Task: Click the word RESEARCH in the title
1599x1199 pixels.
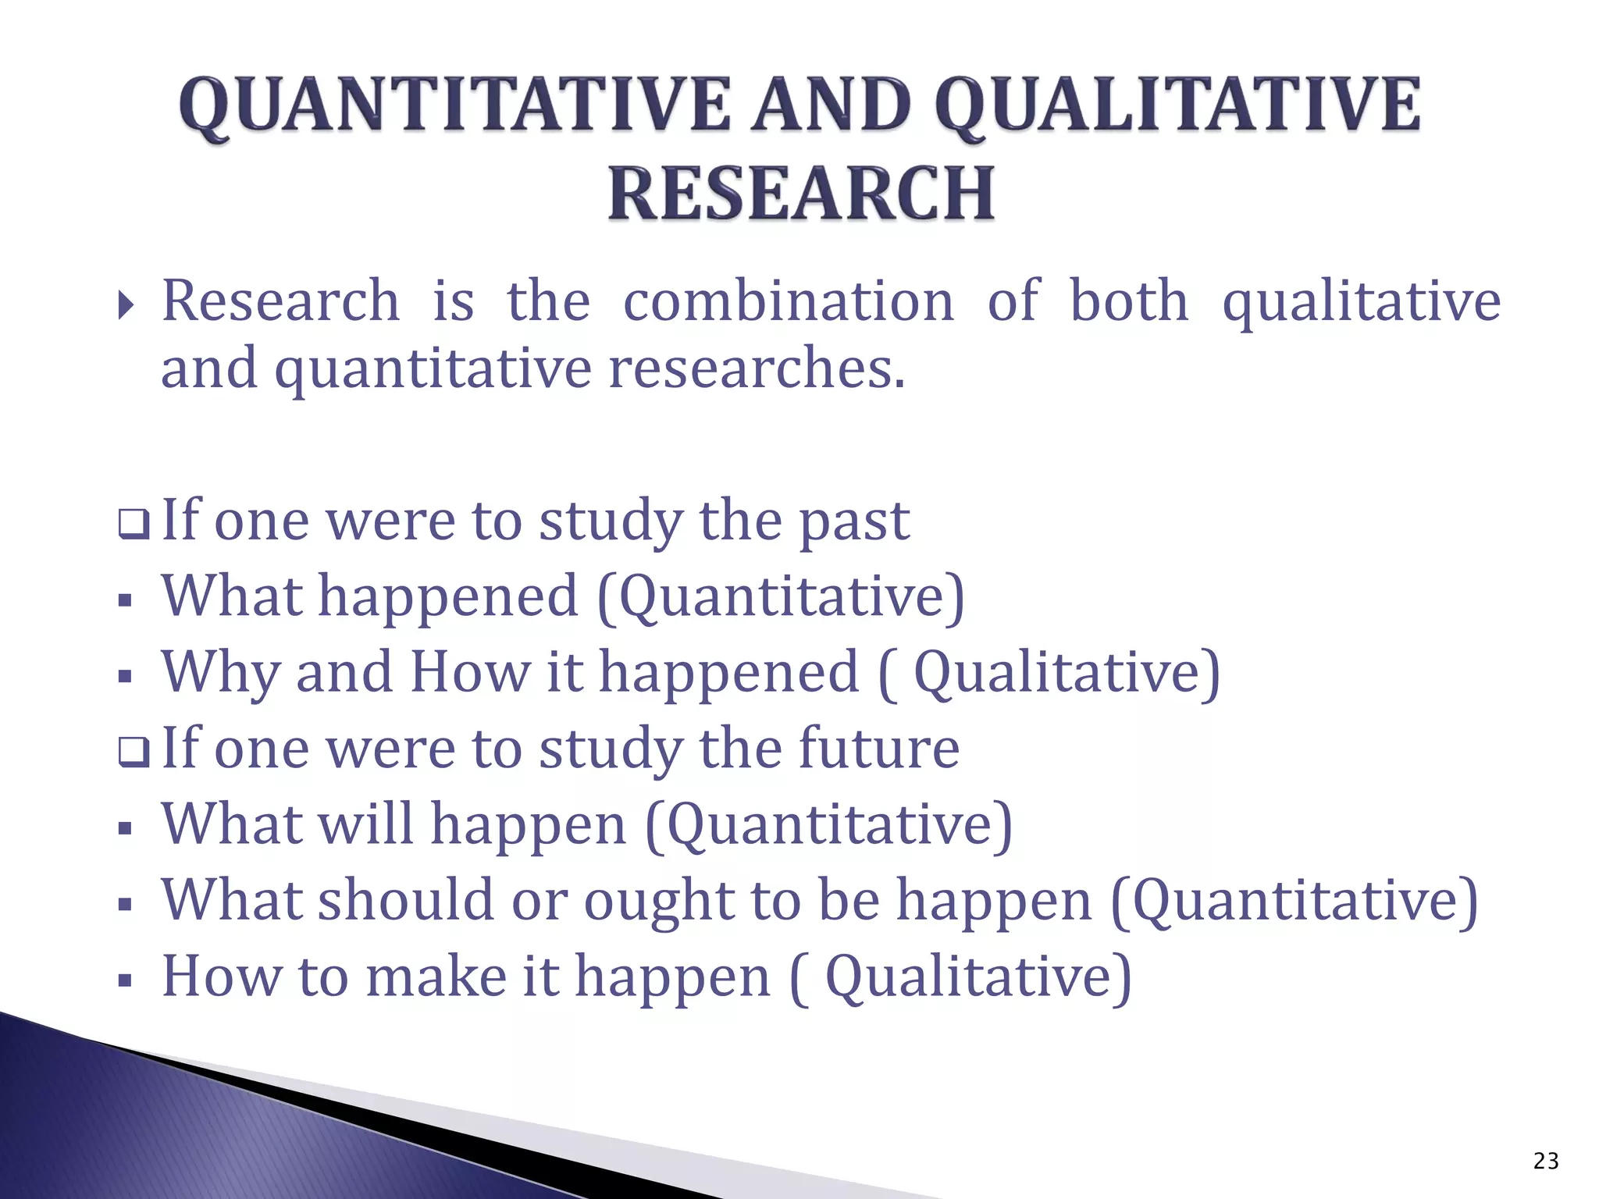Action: pos(801,194)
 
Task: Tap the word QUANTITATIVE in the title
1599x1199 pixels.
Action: pos(454,105)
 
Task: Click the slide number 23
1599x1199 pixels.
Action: pos(1545,1162)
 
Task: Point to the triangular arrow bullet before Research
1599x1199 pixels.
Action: pos(126,306)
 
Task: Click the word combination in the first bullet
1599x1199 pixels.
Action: pos(788,301)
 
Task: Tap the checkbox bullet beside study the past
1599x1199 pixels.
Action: pos(133,524)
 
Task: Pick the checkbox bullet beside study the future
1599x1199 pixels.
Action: pos(133,752)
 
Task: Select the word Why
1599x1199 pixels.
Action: pos(219,673)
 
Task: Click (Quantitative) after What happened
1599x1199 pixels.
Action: pos(781,597)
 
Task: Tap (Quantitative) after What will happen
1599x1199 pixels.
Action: pos(828,825)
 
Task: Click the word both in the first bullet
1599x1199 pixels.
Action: pos(1128,301)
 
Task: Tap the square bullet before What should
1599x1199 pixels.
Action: pos(125,905)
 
